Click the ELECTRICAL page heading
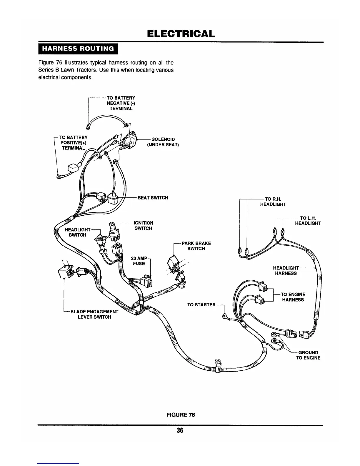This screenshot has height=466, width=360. click(x=180, y=34)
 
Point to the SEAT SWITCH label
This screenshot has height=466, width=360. click(x=153, y=198)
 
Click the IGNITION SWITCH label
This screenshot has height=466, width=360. click(x=143, y=226)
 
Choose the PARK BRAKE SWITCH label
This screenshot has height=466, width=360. click(x=196, y=246)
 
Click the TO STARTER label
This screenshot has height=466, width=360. click(x=201, y=304)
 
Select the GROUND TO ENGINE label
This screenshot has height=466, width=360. click(x=308, y=355)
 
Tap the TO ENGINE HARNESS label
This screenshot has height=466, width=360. click(x=293, y=297)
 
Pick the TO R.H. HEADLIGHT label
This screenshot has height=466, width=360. click(x=273, y=202)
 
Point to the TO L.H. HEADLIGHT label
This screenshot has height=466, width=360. click(x=308, y=220)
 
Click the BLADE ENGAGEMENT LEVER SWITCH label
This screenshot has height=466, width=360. click(x=94, y=314)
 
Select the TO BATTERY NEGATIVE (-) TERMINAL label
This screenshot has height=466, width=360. click(x=121, y=103)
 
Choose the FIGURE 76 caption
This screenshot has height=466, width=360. click(x=181, y=415)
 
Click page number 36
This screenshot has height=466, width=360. click(x=180, y=430)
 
